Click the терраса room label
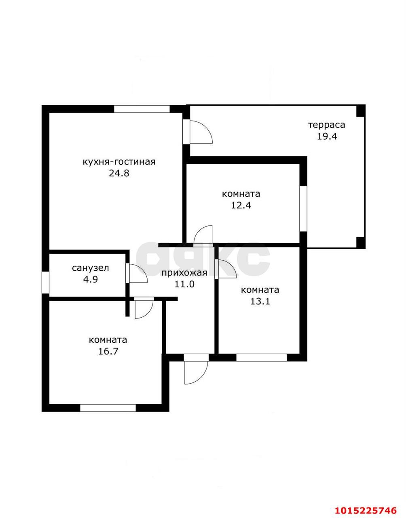click(327, 125)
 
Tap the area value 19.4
click(327, 137)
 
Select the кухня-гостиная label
click(119, 162)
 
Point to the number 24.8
click(119, 173)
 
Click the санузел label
click(91, 268)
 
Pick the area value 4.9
click(91, 279)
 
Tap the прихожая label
click(184, 273)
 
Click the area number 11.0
click(184, 284)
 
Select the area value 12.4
click(241, 206)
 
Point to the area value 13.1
click(260, 302)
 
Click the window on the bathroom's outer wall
click(45, 283)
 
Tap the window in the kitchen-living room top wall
click(142, 109)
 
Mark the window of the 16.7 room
click(108, 408)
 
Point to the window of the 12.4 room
click(303, 208)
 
